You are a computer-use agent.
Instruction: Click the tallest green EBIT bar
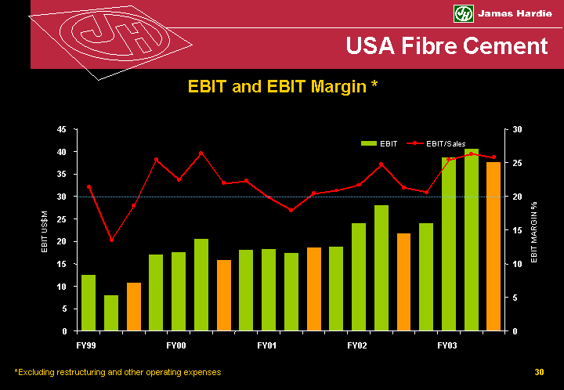click(x=471, y=240)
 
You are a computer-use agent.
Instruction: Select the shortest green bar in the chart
click(x=111, y=312)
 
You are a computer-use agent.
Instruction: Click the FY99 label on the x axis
click(x=86, y=345)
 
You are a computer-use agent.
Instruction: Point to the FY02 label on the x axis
click(x=357, y=345)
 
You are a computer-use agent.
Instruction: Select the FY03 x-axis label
click(x=447, y=345)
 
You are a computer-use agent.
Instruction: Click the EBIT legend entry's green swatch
click(x=368, y=144)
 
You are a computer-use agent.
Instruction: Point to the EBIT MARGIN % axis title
click(x=534, y=230)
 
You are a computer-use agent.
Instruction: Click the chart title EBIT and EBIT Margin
click(x=283, y=87)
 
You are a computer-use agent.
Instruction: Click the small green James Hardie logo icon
click(x=464, y=13)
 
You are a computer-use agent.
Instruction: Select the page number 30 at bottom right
click(x=539, y=373)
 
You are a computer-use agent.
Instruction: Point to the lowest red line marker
click(x=111, y=240)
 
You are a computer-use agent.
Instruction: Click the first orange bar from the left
click(x=134, y=306)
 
